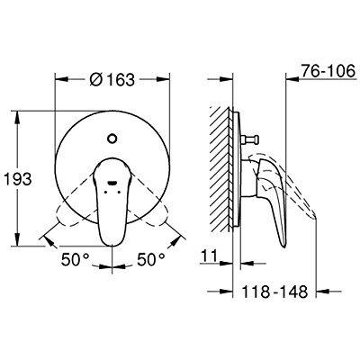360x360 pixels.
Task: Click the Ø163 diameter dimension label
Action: pyautogui.click(x=112, y=79)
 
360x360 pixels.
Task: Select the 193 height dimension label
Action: pyautogui.click(x=17, y=179)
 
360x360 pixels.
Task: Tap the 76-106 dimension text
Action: pyautogui.click(x=328, y=71)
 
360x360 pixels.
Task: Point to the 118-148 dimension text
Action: pyautogui.click(x=274, y=292)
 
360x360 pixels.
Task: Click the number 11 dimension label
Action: pyautogui.click(x=209, y=256)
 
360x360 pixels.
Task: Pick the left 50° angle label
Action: pyautogui.click(x=76, y=259)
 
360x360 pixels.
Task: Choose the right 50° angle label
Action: pyautogui.click(x=151, y=259)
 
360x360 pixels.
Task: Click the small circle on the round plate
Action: pyautogui.click(x=112, y=139)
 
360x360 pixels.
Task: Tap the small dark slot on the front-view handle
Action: pyautogui.click(x=112, y=182)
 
